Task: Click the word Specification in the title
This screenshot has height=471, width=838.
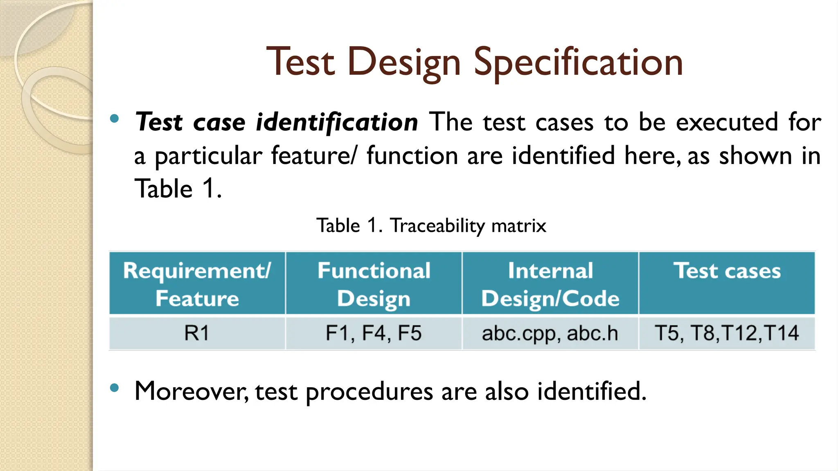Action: (x=578, y=62)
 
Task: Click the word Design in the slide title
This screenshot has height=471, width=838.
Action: (x=404, y=62)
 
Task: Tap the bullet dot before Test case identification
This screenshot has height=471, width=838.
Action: (x=115, y=119)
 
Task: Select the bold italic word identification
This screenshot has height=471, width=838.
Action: (x=336, y=122)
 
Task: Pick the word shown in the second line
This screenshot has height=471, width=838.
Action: (x=755, y=156)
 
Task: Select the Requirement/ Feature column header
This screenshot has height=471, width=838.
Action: (x=197, y=284)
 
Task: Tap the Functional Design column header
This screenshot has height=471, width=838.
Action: (x=374, y=284)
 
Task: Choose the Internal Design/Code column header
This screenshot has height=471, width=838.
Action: (x=550, y=284)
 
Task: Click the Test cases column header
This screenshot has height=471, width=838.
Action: (x=727, y=271)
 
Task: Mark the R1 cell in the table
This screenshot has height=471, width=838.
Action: (x=197, y=333)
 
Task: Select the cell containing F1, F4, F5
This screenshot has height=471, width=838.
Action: (x=374, y=333)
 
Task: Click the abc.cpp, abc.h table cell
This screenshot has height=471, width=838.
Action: (x=550, y=333)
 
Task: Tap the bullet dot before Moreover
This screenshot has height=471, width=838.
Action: (x=115, y=388)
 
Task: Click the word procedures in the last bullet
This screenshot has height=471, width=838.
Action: (x=369, y=392)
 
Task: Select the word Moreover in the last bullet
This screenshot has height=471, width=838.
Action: (x=191, y=391)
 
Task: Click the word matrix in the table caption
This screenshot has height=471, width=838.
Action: (x=518, y=226)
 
